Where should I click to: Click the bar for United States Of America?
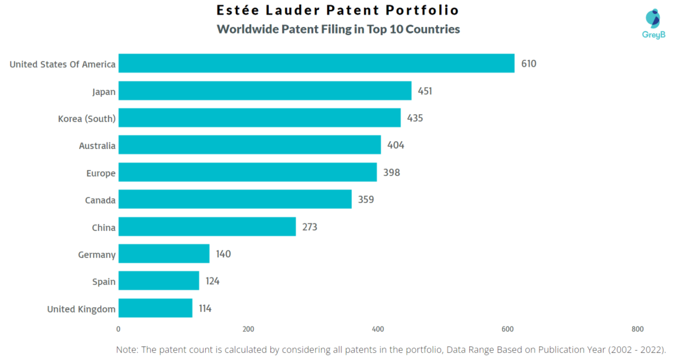coord(316,64)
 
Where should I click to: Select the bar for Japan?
coord(265,91)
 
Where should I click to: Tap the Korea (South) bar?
coord(260,118)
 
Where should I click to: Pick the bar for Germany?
coord(164,254)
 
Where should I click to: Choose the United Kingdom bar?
coord(156,308)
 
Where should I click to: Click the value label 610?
coord(529,64)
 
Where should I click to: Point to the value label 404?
coord(396,145)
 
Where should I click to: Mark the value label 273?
coord(310,227)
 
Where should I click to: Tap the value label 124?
coord(212,281)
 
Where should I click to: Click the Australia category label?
coord(97,146)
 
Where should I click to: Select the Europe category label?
coord(100,173)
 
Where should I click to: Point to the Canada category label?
coord(100,200)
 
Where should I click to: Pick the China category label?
coord(103,227)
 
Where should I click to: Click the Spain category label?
coord(103,282)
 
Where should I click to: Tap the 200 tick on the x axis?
coord(249,329)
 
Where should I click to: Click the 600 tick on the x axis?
coord(508,329)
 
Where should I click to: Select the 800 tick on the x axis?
coord(637,329)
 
